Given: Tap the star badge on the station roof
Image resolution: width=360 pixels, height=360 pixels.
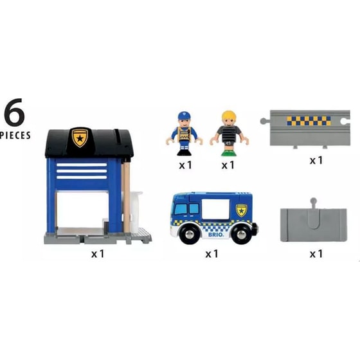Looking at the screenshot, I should tap(80, 137).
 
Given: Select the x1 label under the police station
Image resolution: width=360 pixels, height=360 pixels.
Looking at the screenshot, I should tap(97, 254).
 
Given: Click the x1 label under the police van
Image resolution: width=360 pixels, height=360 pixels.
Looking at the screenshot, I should tap(212, 254).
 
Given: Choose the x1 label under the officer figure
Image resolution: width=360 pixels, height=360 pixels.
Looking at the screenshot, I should tap(185, 165).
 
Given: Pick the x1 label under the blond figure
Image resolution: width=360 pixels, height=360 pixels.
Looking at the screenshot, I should tap(227, 165).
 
